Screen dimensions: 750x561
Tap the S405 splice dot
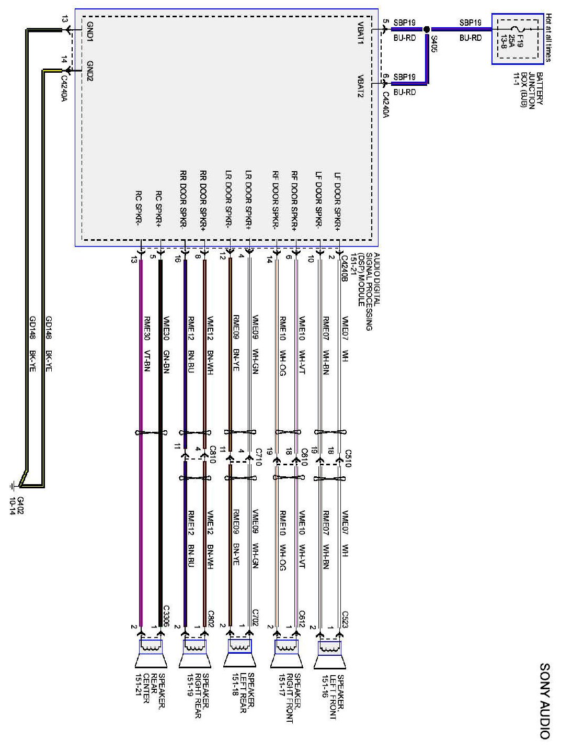click(427, 29)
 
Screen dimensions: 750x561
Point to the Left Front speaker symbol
click(330, 655)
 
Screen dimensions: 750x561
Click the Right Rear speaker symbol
click(195, 655)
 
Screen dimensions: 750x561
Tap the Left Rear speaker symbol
click(239, 655)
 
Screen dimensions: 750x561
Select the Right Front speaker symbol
click(285, 655)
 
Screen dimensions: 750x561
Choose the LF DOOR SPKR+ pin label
click(338, 199)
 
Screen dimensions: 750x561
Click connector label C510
click(348, 457)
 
